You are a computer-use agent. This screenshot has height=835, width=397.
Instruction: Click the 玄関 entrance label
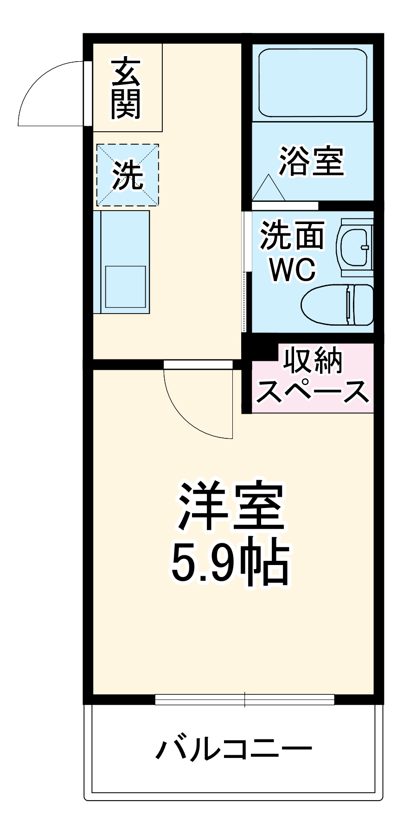click(x=126, y=89)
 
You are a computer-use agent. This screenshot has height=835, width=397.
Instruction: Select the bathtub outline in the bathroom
click(x=313, y=82)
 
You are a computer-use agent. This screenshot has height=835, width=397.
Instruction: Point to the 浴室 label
click(x=311, y=161)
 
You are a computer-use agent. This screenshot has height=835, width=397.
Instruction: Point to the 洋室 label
click(x=231, y=507)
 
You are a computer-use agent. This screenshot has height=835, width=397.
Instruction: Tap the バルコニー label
click(x=233, y=749)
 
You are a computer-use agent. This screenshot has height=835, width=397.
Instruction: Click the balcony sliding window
click(x=244, y=699)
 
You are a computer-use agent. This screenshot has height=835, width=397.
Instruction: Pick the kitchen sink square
click(x=125, y=287)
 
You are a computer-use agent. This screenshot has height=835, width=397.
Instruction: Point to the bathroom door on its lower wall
click(x=285, y=205)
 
